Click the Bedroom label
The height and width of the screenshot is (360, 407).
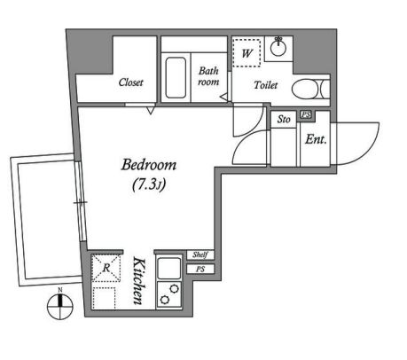pyautogui.click(x=149, y=165)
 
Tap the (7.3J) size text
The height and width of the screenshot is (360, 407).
pyautogui.click(x=149, y=184)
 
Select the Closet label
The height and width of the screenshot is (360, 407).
pyautogui.click(x=130, y=82)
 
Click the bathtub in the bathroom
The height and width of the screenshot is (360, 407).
pyautogui.click(x=176, y=77)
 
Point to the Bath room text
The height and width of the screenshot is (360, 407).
pyautogui.click(x=208, y=76)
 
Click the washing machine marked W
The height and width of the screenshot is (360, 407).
pyautogui.click(x=247, y=53)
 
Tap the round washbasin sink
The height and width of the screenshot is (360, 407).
pyautogui.click(x=278, y=48)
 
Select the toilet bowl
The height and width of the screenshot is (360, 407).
pyautogui.click(x=308, y=89)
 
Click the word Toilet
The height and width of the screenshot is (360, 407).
pyautogui.click(x=266, y=85)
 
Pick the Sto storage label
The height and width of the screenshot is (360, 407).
pyautogui.click(x=284, y=119)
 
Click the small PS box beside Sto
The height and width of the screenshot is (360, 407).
pyautogui.click(x=307, y=114)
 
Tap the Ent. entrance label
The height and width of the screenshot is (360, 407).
pyautogui.click(x=316, y=139)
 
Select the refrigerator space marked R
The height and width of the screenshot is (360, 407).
pyautogui.click(x=106, y=268)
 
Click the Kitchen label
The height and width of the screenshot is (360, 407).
pyautogui.click(x=139, y=281)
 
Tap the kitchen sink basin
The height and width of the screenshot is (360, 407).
pyautogui.click(x=169, y=269)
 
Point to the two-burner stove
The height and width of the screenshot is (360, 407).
pyautogui.click(x=169, y=294)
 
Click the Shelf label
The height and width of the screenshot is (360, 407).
pyautogui.click(x=200, y=254)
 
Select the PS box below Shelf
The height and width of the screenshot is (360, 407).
pyautogui.click(x=200, y=270)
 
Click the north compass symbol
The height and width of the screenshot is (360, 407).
pyautogui.click(x=60, y=307)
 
